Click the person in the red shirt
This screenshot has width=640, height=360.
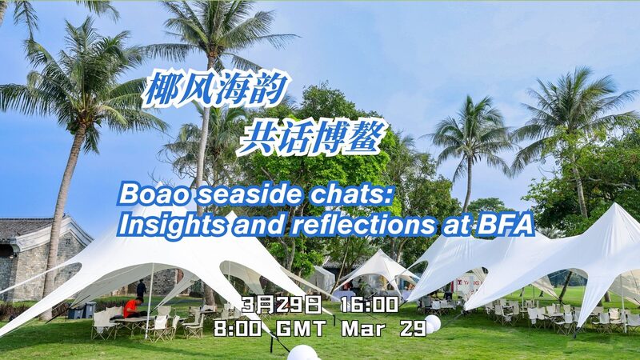131,307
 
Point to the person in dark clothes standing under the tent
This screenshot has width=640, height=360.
142,289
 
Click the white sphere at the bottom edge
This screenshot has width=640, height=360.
302,353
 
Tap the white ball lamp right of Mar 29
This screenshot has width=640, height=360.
433,323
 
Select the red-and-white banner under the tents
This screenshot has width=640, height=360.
468,283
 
